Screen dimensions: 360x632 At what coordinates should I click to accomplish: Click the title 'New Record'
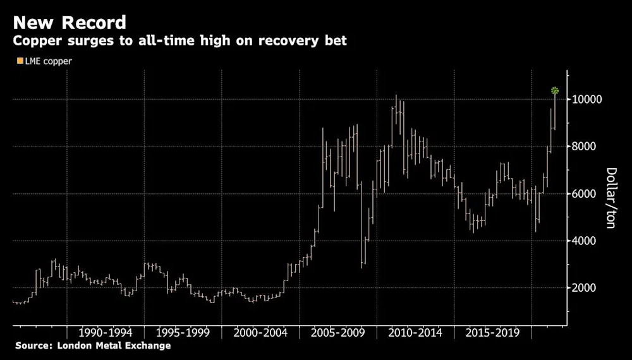point(70,23)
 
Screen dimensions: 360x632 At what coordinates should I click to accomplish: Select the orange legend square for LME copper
point(20,61)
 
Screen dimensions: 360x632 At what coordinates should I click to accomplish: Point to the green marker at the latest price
point(555,90)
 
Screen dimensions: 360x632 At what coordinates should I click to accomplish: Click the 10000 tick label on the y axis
point(587,100)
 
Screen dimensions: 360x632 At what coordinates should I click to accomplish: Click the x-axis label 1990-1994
point(106,332)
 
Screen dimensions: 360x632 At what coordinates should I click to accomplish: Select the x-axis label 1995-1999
point(183,332)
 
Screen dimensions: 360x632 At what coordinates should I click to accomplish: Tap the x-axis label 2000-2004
point(260,332)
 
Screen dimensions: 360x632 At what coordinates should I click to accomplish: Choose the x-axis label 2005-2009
point(337,332)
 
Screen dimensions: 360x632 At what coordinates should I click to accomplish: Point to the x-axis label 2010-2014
point(415,332)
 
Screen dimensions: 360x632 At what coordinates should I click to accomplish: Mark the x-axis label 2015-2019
point(492,332)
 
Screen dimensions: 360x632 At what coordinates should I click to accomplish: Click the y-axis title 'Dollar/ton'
point(612,198)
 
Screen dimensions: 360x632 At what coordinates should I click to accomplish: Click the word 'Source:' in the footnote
point(33,346)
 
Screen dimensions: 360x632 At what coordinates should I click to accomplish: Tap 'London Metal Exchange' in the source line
point(113,346)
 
